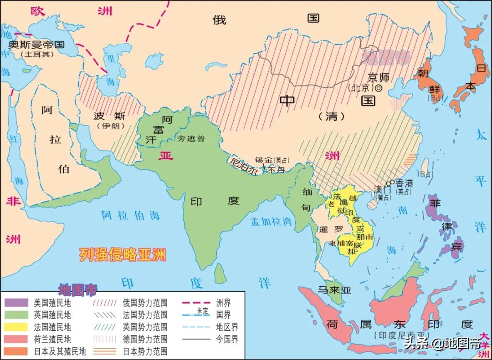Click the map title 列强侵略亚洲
point(122,254)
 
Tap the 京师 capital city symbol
point(378,88)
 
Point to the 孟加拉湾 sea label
point(271,222)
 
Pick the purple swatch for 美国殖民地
point(15,302)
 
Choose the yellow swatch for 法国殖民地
point(15,327)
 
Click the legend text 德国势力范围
point(145,339)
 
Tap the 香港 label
point(404,183)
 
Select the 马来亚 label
point(334,290)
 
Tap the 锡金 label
point(263,160)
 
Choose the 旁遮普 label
point(191,138)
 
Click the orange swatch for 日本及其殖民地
point(15,351)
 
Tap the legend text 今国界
point(228,339)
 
